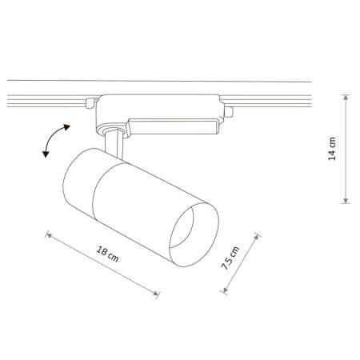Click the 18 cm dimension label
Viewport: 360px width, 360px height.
107,254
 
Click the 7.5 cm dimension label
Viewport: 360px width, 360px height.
230,258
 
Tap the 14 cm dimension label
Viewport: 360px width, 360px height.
332,149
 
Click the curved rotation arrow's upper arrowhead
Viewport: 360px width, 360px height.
66,127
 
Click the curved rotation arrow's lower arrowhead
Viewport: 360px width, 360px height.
46,154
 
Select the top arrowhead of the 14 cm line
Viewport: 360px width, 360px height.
346,98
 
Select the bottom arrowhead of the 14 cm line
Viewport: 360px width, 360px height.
346,200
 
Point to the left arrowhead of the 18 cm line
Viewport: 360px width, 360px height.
49,235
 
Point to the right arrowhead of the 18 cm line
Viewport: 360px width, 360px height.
156,293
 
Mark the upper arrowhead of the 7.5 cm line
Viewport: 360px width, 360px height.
257,237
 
